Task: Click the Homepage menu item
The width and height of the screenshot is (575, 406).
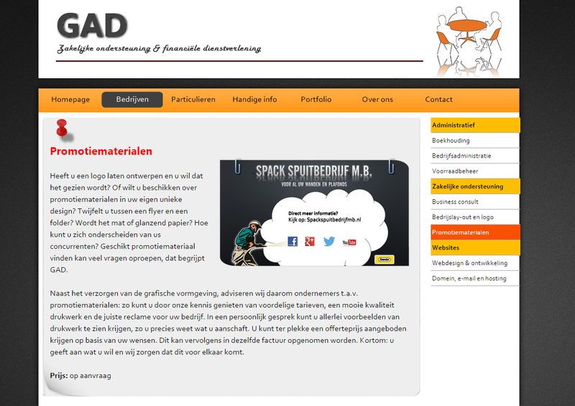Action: tap(70, 99)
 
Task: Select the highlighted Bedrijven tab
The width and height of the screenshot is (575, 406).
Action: tap(132, 99)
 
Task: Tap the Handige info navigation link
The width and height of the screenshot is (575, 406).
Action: tap(254, 99)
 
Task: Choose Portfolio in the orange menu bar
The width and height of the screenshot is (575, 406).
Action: tap(316, 99)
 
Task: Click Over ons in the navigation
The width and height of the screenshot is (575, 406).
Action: tap(377, 99)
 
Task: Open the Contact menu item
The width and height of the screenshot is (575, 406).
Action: tap(438, 99)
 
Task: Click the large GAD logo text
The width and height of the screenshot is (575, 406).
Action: tap(92, 27)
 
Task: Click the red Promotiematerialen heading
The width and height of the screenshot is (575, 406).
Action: tap(101, 152)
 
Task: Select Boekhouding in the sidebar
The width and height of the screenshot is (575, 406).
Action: tap(451, 140)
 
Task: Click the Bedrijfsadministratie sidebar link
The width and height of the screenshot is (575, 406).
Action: tap(461, 155)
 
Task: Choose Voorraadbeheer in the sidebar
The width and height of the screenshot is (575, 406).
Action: tap(455, 171)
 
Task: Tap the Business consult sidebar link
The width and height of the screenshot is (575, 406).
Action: tap(455, 202)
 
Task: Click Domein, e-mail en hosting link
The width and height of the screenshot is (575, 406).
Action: tap(469, 278)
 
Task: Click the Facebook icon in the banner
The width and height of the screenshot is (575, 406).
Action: tap(293, 241)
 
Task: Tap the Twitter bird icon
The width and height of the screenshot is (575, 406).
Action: tap(329, 241)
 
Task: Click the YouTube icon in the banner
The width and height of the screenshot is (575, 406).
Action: tap(350, 241)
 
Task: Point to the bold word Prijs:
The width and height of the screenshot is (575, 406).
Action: tap(59, 375)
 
